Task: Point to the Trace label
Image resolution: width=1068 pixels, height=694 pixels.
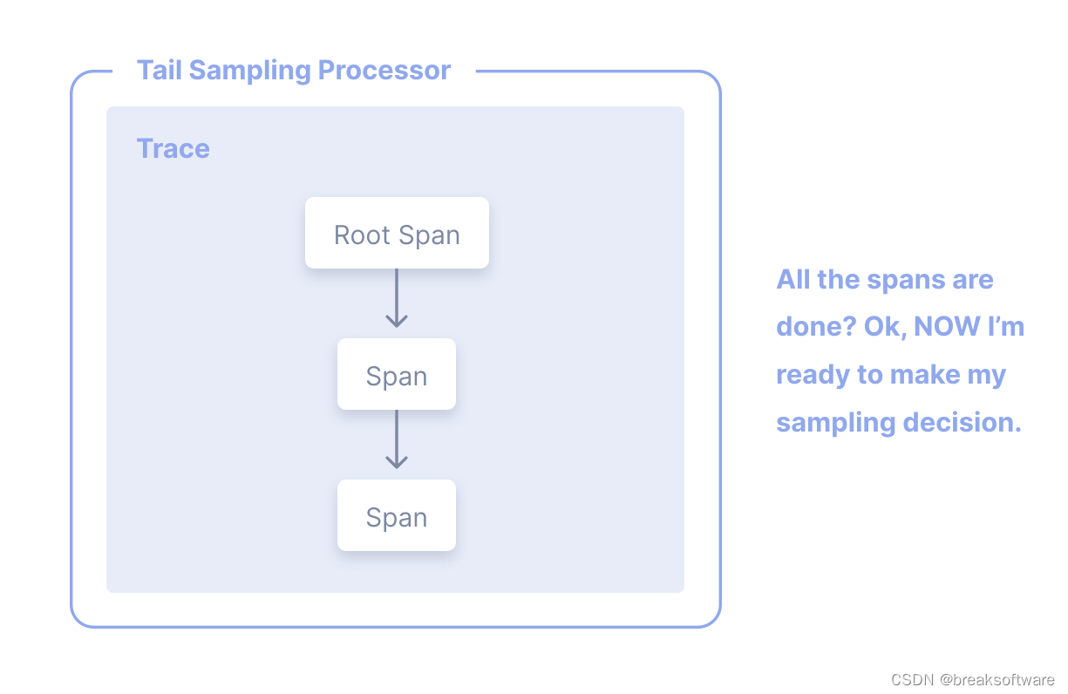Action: pyautogui.click(x=173, y=148)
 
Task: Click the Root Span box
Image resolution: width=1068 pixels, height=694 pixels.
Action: pyautogui.click(x=397, y=233)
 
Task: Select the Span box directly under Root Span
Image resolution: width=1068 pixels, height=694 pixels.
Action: pyautogui.click(x=397, y=374)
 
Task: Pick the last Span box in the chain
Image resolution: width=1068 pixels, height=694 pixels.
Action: pyautogui.click(x=397, y=515)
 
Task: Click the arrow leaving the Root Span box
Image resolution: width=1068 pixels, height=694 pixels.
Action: pyautogui.click(x=397, y=299)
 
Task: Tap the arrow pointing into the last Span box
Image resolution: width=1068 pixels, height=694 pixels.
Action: pyautogui.click(x=397, y=440)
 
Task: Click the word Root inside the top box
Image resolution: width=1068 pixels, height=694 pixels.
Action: pyautogui.click(x=363, y=235)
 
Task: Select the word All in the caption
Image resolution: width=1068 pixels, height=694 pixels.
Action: pyautogui.click(x=792, y=280)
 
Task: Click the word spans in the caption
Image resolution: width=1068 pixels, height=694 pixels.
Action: pyautogui.click(x=906, y=280)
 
